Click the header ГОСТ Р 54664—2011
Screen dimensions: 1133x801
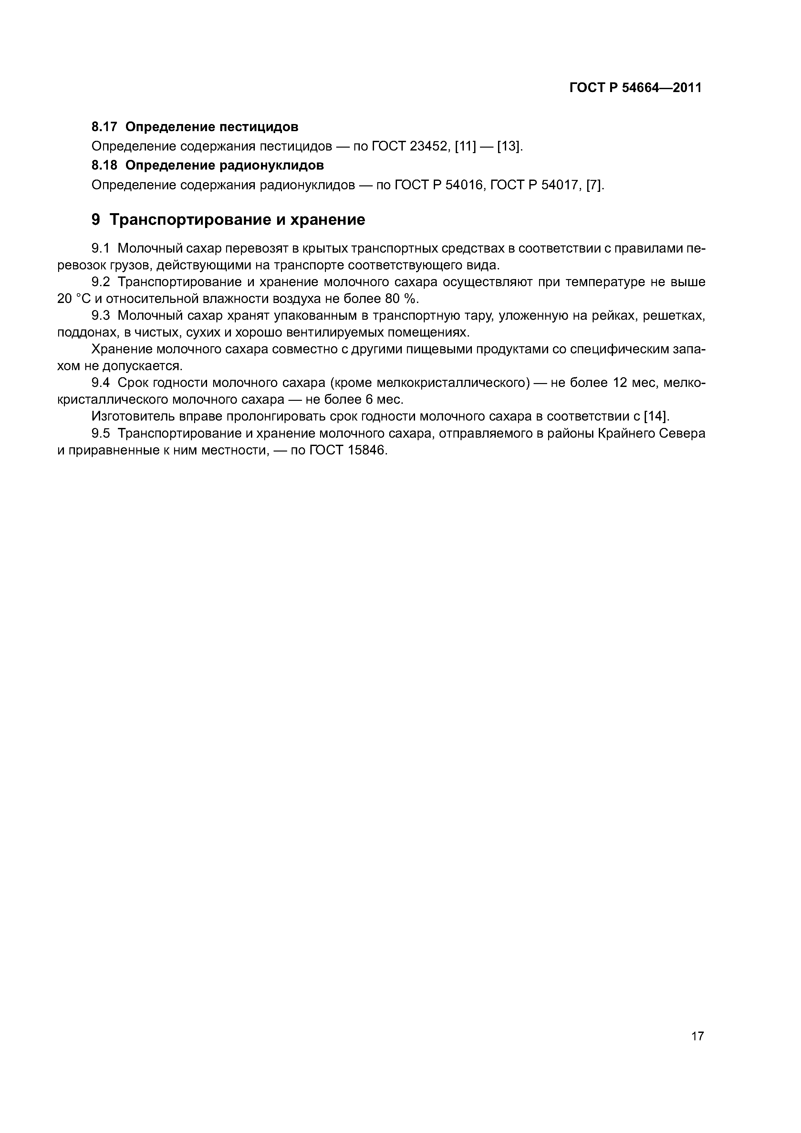635,88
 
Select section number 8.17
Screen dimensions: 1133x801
104,127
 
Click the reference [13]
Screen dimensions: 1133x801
509,147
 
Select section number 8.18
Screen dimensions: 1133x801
104,165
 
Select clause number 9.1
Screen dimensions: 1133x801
101,248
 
